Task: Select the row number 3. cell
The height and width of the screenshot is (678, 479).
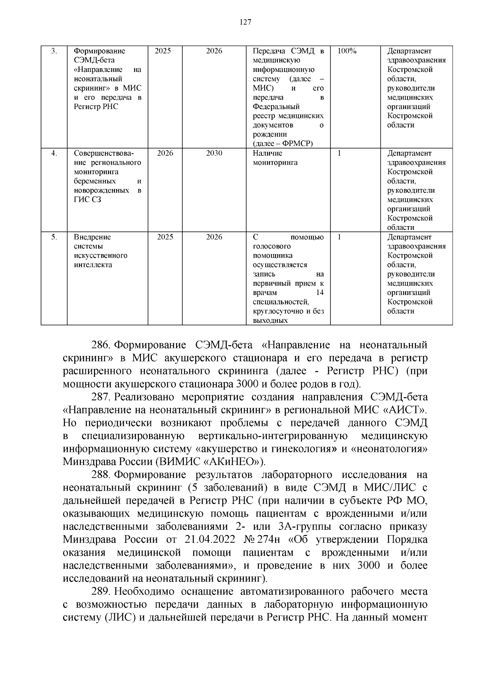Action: coord(54,51)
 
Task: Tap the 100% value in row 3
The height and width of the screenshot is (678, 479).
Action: coord(347,51)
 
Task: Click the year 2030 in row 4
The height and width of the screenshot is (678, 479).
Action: coord(214,153)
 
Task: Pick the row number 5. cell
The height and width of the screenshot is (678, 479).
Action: coord(54,237)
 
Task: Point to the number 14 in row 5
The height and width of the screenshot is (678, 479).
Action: coord(319,293)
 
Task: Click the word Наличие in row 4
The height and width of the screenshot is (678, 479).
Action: coord(267,153)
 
